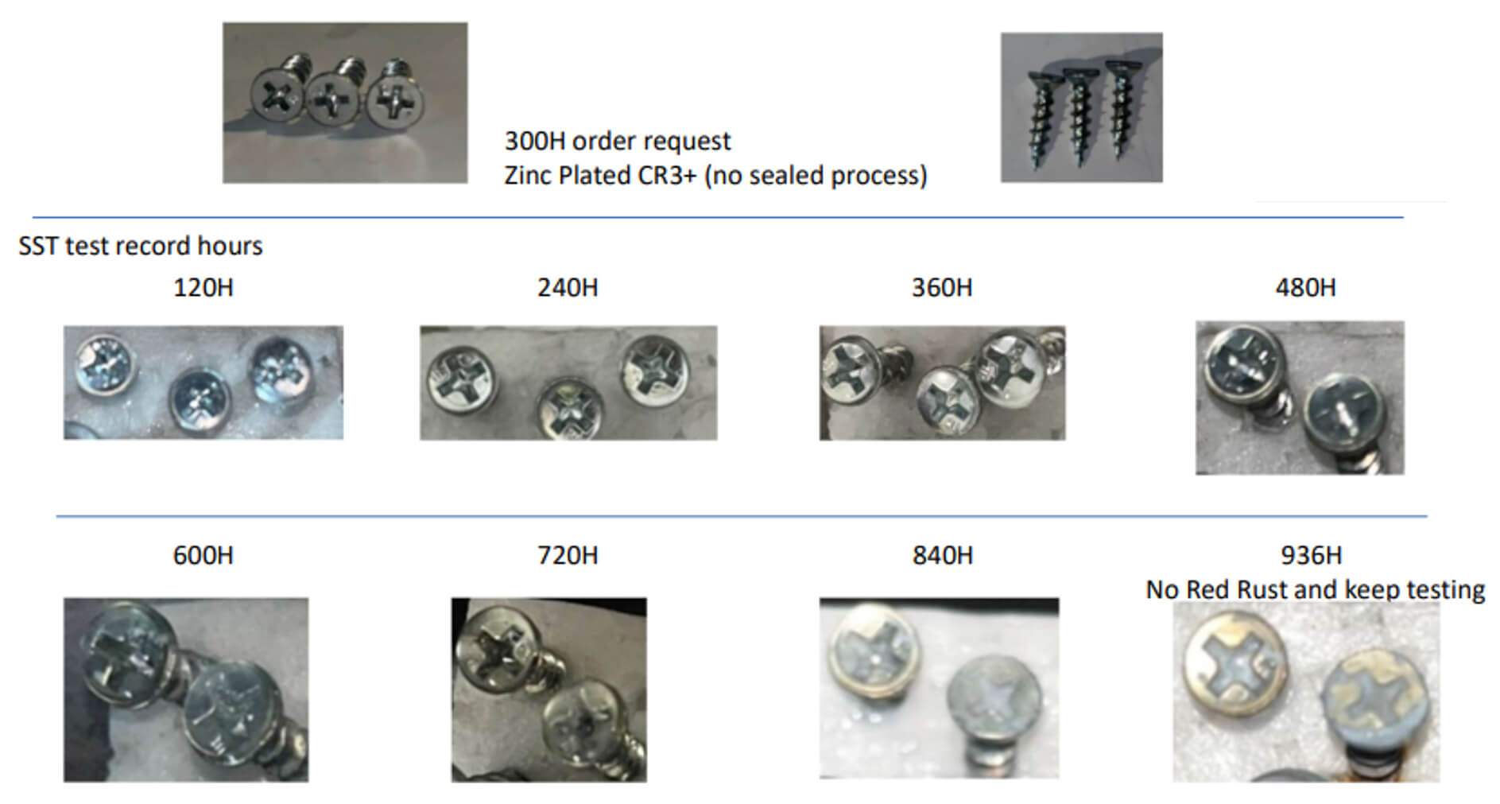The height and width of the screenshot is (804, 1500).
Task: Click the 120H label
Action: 203,287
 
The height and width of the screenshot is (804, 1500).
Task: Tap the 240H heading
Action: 568,287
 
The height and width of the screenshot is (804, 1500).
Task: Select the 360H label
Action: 942,287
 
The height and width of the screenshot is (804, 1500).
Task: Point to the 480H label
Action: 1305,287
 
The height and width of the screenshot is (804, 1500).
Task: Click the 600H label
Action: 203,555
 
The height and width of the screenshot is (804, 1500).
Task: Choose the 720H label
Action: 568,555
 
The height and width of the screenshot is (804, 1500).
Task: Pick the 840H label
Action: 942,555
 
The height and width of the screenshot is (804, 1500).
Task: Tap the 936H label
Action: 1311,555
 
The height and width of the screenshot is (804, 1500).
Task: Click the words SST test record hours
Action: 141,246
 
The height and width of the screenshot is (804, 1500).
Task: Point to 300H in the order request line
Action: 535,141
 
